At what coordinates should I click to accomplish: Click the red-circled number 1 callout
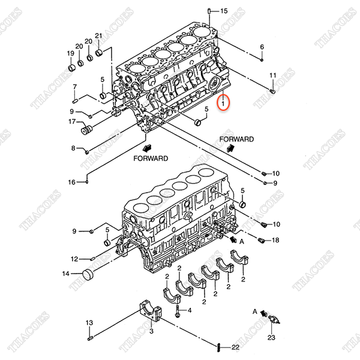(x=223, y=103)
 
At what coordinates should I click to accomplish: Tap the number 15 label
(x=224, y=11)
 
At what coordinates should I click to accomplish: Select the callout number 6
(x=262, y=47)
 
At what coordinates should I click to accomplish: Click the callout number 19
(x=70, y=53)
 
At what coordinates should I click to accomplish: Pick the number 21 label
(x=99, y=36)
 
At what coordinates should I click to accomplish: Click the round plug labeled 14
(x=88, y=275)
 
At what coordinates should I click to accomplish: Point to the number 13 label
(x=89, y=323)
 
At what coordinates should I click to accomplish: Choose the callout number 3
(x=152, y=331)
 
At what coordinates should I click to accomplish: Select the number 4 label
(x=190, y=310)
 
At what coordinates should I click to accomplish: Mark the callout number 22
(x=235, y=347)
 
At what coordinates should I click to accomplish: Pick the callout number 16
(x=71, y=182)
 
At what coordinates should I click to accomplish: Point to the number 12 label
(x=74, y=259)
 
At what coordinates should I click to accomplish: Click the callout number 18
(x=276, y=241)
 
